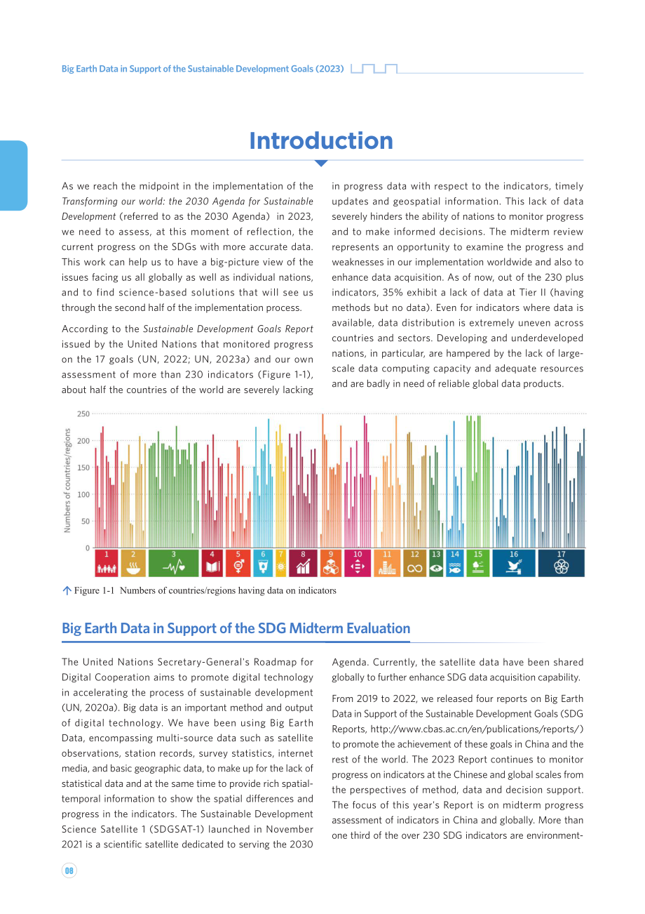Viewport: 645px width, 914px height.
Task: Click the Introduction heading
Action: click(x=321, y=141)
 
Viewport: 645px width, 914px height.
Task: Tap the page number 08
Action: click(x=69, y=870)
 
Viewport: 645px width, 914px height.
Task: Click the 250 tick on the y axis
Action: click(x=83, y=413)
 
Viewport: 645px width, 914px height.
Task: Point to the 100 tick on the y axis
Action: click(x=83, y=494)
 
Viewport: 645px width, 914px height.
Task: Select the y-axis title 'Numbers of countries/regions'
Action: click(x=67, y=480)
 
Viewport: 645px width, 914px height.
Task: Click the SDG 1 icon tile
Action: click(x=107, y=563)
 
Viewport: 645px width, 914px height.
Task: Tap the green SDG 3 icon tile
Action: click(x=174, y=563)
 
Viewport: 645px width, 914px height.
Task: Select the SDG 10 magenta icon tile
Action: click(x=358, y=563)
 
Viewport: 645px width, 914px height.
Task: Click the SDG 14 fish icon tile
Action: click(x=455, y=563)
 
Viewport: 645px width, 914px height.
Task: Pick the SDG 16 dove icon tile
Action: click(x=514, y=563)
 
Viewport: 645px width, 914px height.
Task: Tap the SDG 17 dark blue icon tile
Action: click(x=561, y=563)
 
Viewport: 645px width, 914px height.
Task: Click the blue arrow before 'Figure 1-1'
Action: click(x=67, y=590)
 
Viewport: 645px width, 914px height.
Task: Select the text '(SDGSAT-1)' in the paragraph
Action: click(x=177, y=829)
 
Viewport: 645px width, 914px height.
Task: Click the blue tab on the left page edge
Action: click(x=13, y=175)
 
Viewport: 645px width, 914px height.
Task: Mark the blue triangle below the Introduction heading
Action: click(x=322, y=163)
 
